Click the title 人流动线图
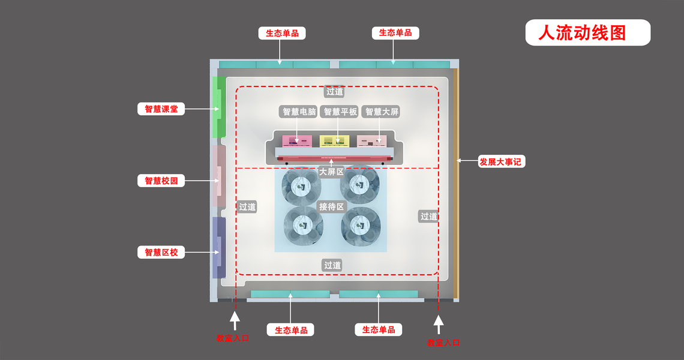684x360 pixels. coord(587,33)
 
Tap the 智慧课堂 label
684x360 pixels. coord(161,109)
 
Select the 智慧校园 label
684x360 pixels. coord(161,181)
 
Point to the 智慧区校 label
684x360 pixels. coord(161,253)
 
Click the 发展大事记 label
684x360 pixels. coord(500,161)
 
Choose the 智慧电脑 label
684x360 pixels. coord(299,112)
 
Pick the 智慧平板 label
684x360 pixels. coord(340,112)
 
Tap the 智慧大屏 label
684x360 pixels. coord(382,112)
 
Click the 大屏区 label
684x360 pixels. coord(331,172)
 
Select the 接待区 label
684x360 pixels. coord(332,206)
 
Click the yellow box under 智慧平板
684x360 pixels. coord(335,140)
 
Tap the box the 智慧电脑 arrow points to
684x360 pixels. coord(297,140)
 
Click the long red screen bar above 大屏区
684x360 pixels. coord(335,158)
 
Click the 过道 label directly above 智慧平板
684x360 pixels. coord(334,92)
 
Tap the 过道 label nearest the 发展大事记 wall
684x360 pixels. coord(428,217)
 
